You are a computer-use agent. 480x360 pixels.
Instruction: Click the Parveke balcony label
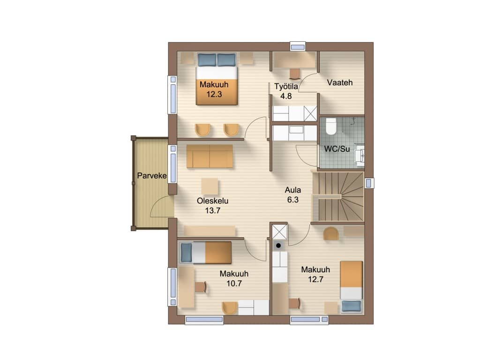(152, 176)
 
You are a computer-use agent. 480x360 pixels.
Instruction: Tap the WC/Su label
(337, 149)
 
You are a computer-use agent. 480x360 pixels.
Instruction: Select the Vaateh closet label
(340, 82)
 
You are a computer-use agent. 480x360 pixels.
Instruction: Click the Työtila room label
(286, 86)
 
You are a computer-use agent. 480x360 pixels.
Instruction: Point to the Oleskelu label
(212, 201)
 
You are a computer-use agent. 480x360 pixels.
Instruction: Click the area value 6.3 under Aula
(292, 200)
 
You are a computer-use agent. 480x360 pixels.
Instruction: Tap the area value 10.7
(234, 284)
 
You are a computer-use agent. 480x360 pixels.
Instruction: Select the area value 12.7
(315, 279)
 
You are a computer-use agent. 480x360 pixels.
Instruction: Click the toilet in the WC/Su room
(330, 126)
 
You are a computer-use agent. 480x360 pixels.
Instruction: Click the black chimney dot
(278, 246)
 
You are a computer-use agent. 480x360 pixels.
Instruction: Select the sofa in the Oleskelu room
(210, 156)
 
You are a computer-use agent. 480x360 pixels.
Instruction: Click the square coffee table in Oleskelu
(210, 187)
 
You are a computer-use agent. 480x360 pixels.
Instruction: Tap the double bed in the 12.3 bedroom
(217, 79)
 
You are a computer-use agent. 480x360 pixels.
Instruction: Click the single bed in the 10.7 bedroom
(205, 253)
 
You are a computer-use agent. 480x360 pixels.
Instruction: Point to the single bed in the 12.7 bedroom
(352, 287)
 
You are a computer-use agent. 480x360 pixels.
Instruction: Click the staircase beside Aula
(338, 196)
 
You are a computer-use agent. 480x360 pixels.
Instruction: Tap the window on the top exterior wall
(298, 47)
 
